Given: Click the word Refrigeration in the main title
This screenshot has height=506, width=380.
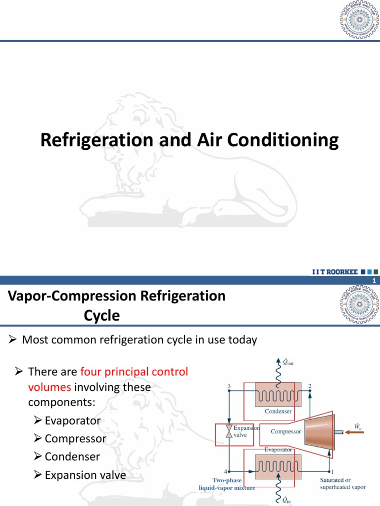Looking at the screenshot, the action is [x=92, y=140].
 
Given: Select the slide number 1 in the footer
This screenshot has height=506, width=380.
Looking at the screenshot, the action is [x=375, y=281].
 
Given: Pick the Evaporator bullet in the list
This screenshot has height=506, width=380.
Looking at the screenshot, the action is [x=72, y=421].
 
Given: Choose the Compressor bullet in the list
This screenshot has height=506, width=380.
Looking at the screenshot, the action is [x=75, y=438].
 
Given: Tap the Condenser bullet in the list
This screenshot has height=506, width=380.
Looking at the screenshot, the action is [x=72, y=457].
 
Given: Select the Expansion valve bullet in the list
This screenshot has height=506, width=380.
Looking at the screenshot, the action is [x=85, y=475].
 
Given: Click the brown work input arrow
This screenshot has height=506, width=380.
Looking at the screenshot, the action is [x=353, y=432].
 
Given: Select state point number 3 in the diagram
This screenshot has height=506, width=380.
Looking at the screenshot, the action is [x=229, y=385].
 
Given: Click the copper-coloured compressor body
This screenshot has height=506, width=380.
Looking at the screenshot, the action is [x=319, y=431].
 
